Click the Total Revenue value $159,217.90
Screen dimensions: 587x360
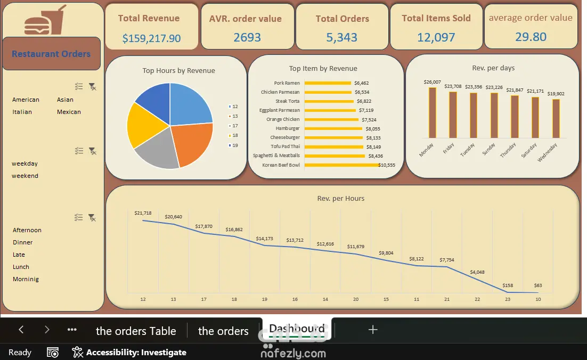151,38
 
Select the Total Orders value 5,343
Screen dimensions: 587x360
341,37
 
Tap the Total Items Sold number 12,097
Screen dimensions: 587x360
436,37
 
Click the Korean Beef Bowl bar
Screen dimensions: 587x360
341,165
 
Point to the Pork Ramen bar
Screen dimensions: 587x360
328,83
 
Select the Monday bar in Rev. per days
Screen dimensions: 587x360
433,113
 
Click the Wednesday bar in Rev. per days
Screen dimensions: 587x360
556,118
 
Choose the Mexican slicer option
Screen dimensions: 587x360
69,112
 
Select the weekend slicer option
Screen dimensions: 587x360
25,176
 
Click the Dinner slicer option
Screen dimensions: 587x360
22,242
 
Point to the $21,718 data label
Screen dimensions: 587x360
143,213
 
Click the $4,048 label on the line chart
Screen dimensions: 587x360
477,272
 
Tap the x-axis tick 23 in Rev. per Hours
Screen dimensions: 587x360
508,299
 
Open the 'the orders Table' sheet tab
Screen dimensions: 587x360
136,331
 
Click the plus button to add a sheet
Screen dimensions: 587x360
373,330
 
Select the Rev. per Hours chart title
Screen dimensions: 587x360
341,198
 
